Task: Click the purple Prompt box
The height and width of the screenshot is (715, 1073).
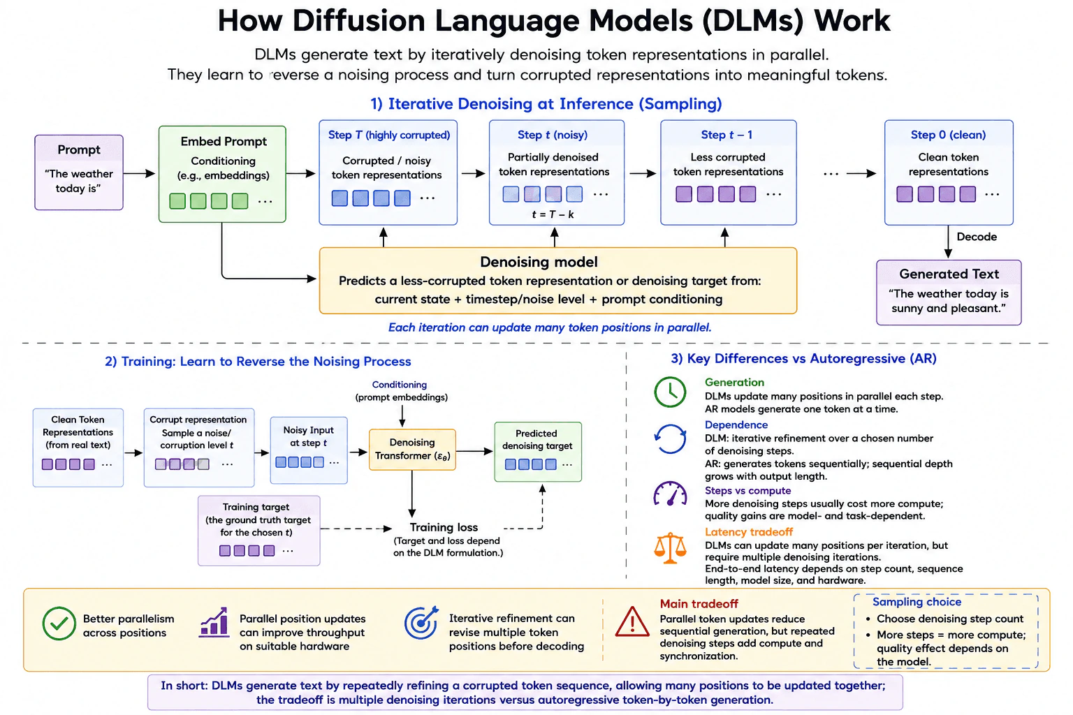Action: pos(79,172)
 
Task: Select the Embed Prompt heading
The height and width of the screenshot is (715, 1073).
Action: pos(224,142)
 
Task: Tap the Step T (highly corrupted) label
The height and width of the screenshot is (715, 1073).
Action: pos(389,135)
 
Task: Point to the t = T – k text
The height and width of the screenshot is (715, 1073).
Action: pos(553,214)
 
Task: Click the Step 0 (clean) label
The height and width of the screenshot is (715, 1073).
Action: pos(949,135)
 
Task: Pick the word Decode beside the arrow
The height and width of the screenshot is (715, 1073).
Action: pos(977,237)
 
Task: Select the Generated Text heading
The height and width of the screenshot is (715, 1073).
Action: pos(949,274)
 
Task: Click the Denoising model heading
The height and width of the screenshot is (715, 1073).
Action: pos(539,262)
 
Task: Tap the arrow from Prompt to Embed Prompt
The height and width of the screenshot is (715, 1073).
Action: pos(140,173)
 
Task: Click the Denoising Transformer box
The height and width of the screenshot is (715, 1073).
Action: pos(412,449)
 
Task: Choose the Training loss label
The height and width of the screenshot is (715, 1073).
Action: pos(444,527)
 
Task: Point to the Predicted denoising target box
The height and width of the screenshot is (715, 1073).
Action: pos(538,452)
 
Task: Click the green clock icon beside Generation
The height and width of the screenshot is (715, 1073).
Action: pos(670,392)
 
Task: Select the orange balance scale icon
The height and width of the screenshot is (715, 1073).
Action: pos(670,548)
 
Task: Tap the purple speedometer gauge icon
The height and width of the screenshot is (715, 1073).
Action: pos(670,494)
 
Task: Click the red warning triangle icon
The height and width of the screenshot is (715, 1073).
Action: pos(632,622)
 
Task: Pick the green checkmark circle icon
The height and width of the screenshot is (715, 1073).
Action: pos(59,624)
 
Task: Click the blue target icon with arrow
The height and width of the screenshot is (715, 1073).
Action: pos(421,623)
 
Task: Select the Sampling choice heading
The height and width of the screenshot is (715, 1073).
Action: pos(917,602)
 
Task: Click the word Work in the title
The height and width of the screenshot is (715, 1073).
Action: pos(852,21)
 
